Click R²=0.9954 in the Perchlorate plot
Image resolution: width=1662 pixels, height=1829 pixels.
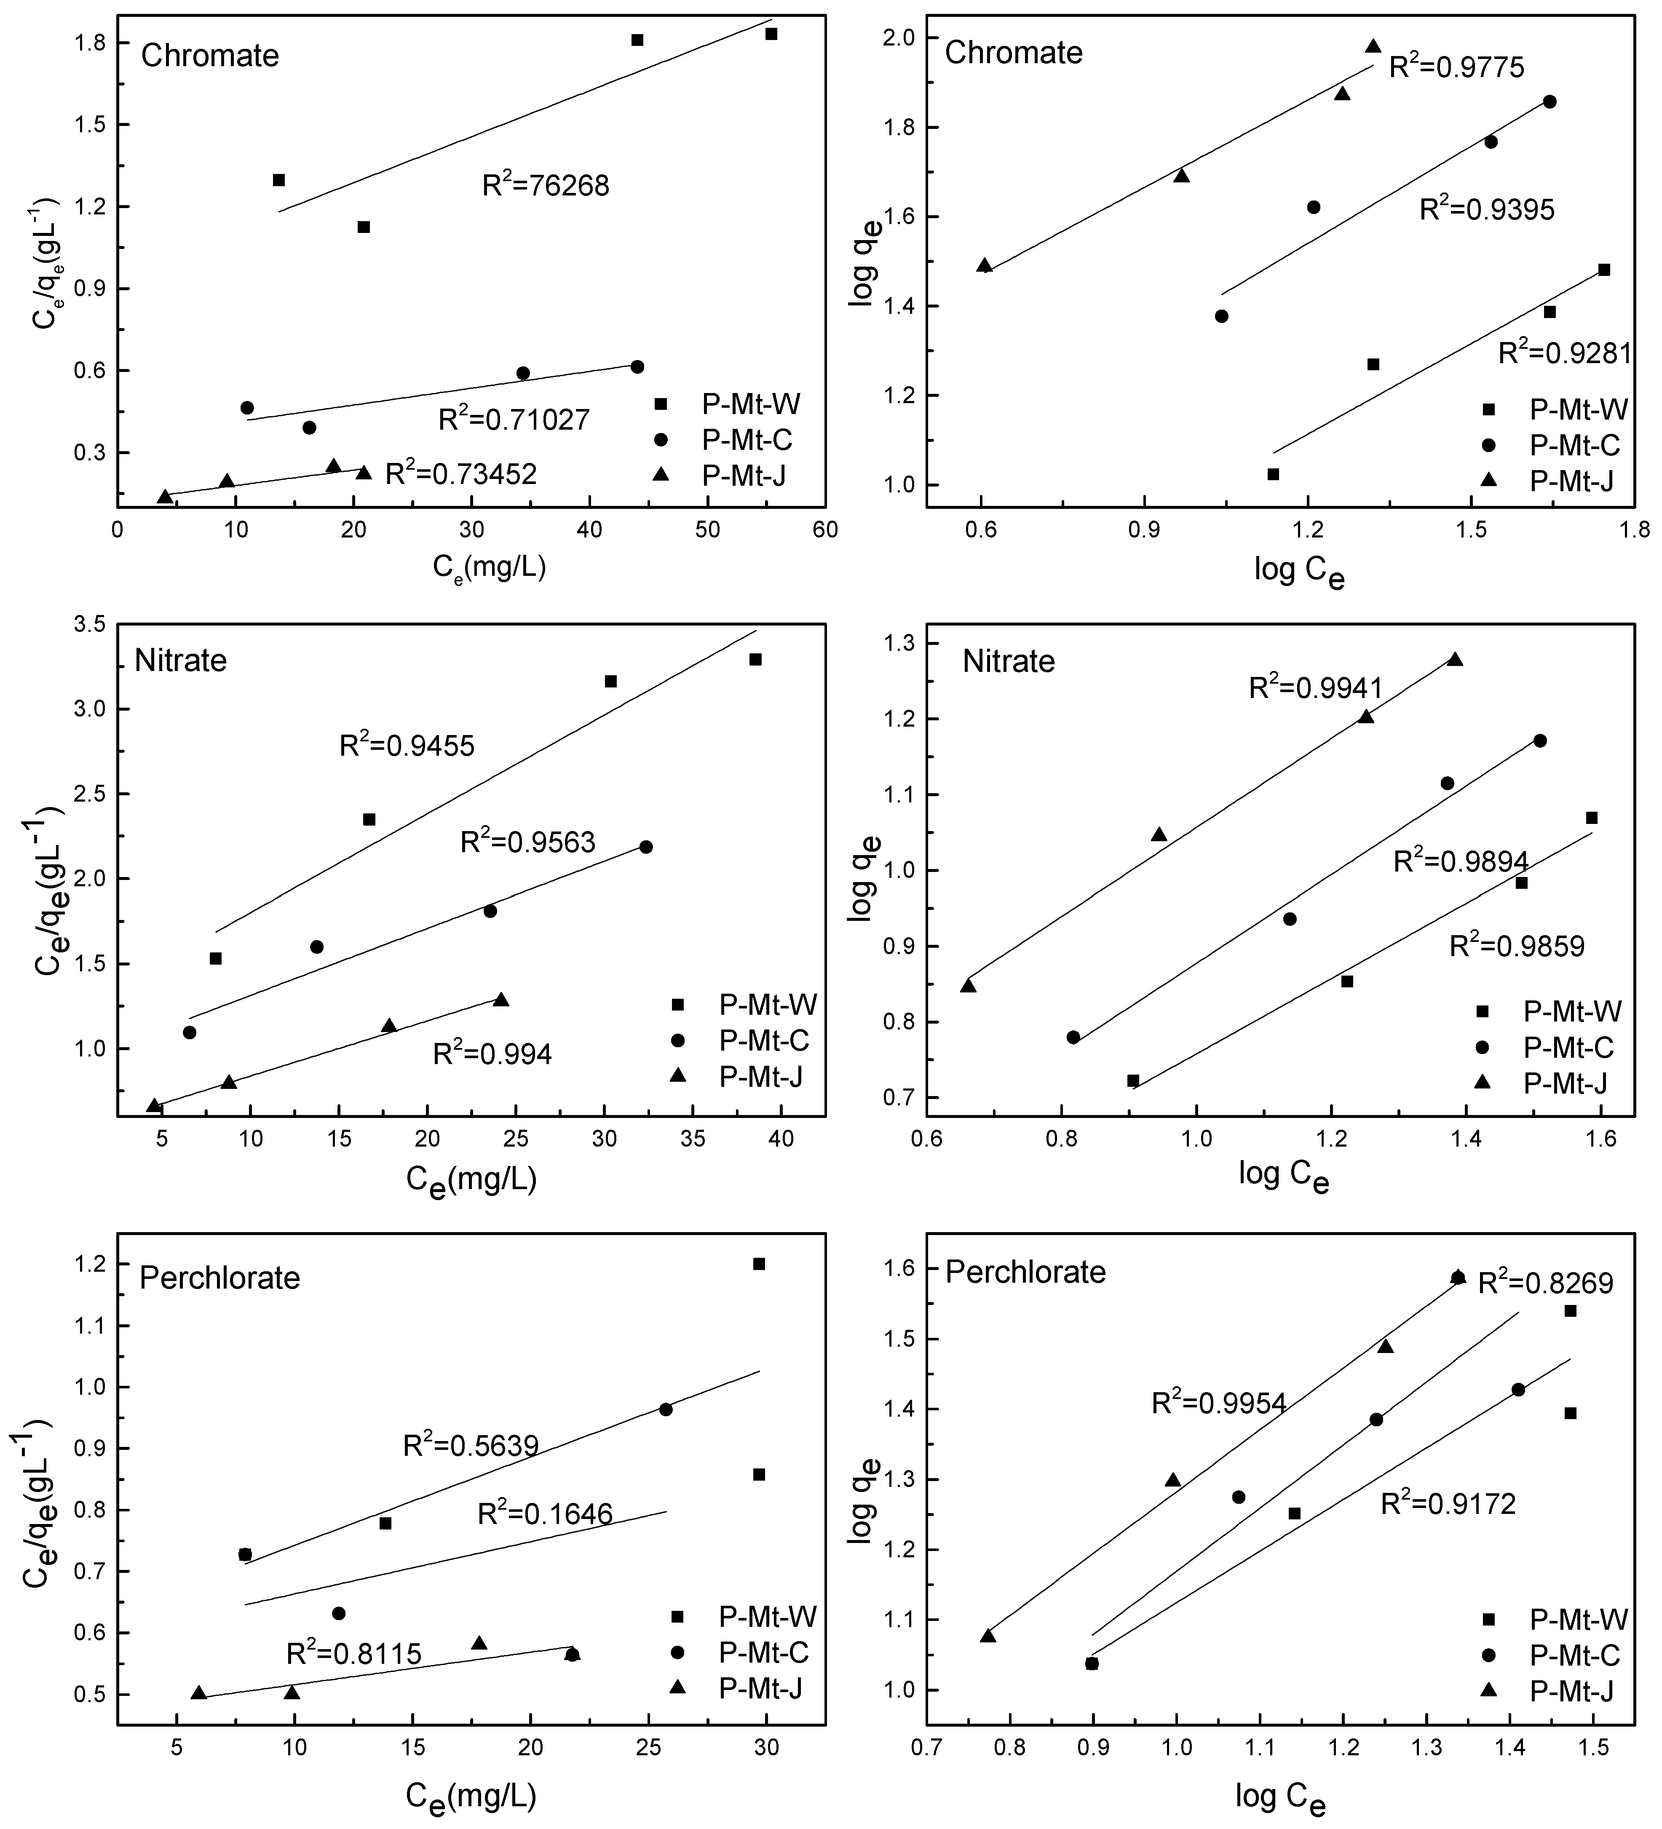click(1218, 1404)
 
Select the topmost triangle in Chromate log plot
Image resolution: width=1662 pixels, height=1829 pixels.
click(1373, 46)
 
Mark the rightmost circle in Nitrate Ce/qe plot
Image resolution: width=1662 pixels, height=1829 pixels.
click(646, 846)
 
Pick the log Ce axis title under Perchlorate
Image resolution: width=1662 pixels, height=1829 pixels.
click(1280, 1797)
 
